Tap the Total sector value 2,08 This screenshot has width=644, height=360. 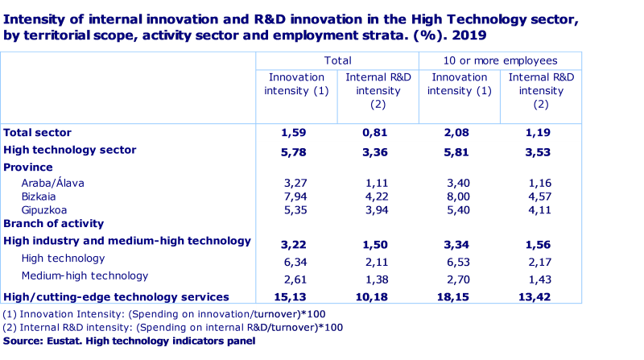point(459,133)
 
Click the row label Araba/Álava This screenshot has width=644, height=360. point(53,183)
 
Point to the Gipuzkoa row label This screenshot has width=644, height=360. point(45,209)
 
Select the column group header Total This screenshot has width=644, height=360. point(337,60)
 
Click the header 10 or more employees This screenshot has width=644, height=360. point(500,60)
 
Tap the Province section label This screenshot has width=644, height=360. point(28,168)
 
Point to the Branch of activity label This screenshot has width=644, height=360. point(54,224)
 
